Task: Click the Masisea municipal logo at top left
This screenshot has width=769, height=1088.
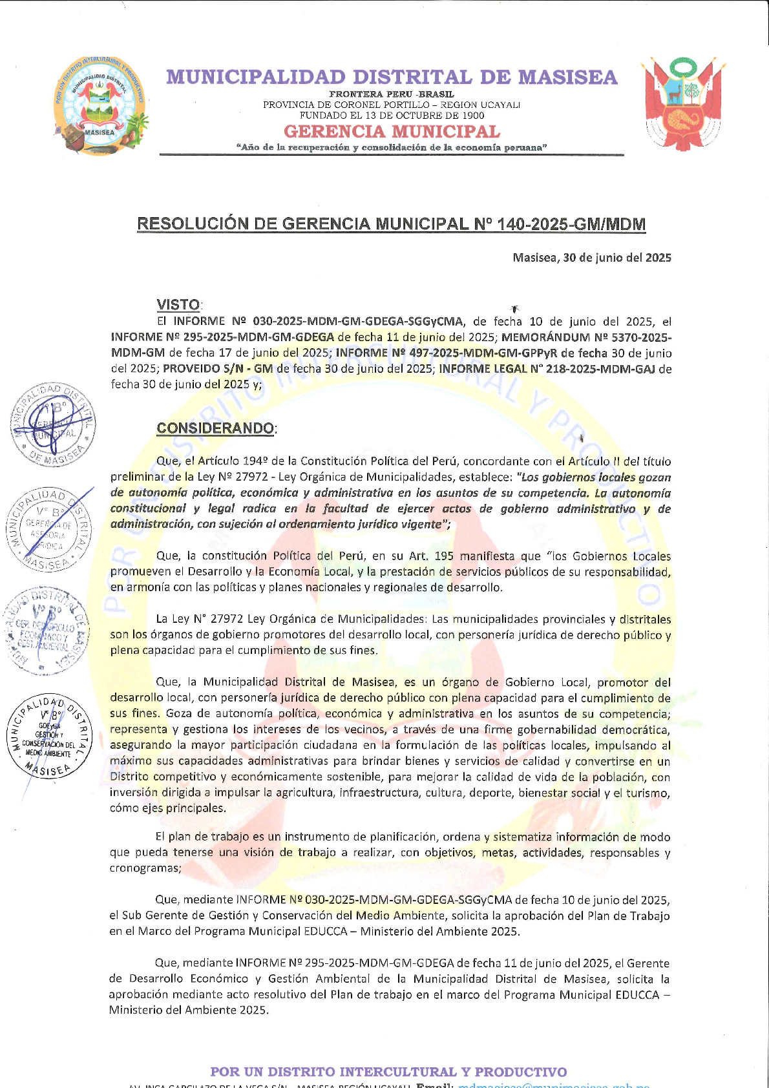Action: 100,105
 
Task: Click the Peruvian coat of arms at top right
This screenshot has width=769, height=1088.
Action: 681,103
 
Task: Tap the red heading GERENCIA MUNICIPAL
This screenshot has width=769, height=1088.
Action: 392,131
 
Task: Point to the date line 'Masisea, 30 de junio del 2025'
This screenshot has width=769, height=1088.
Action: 591,258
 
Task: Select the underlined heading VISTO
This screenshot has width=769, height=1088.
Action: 178,304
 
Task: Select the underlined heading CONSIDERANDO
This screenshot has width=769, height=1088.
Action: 215,428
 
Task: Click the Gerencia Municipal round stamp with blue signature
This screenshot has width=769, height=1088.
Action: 53,424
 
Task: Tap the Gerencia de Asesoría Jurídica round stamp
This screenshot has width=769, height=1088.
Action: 48,528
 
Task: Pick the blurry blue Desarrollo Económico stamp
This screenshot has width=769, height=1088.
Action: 45,629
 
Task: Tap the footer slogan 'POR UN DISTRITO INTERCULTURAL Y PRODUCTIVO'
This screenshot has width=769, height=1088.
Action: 388,1072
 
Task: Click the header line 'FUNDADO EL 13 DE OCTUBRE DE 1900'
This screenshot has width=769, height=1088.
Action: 392,116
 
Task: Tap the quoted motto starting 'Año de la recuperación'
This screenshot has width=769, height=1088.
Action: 392,147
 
